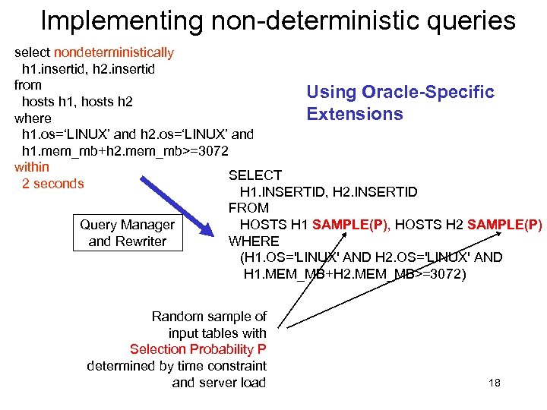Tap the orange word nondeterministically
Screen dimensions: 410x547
pos(114,52)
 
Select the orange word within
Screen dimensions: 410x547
pos(32,167)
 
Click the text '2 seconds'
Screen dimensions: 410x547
pos(53,184)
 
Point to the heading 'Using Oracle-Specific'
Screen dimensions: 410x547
pos(400,92)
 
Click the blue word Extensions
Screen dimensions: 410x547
pos(355,114)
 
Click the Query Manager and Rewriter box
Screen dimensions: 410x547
pos(127,233)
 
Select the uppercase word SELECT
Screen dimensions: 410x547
pos(255,175)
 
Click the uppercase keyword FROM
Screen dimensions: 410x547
pos(248,208)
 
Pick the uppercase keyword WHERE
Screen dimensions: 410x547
pos(254,241)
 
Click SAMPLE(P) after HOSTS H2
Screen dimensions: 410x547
pos(504,225)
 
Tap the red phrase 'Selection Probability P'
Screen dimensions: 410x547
pos(198,349)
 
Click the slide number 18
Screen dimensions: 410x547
pos(494,383)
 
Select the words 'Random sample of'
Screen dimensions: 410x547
pos(209,317)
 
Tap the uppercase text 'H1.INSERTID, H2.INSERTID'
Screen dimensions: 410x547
pos(328,192)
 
